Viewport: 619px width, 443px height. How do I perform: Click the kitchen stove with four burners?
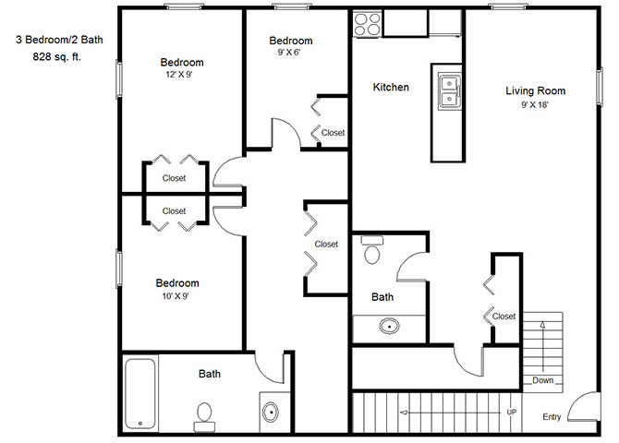367,24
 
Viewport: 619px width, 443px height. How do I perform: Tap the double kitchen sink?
450,91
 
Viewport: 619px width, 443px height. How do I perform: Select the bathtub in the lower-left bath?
140,394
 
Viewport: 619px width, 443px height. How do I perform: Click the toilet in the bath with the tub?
204,417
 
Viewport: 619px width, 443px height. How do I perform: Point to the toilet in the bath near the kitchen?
372,250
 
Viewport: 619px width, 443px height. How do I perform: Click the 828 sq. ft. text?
57,57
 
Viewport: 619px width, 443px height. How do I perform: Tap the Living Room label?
535,90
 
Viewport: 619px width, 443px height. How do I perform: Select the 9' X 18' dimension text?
535,105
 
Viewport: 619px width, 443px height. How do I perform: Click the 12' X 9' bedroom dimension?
179,75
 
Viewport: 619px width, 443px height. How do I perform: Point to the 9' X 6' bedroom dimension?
289,53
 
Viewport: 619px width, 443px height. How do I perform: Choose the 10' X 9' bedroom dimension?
176,296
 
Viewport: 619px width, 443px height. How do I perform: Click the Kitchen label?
391,87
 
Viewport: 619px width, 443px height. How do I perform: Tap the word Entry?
552,417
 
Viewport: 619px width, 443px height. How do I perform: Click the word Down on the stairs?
543,380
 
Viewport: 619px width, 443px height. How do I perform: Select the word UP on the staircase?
512,412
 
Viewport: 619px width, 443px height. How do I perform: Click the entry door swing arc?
577,401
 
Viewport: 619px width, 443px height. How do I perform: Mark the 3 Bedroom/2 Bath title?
59,40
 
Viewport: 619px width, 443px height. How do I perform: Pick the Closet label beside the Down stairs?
504,317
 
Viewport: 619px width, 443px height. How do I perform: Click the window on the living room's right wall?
600,87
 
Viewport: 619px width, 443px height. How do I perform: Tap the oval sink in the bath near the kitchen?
389,326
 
